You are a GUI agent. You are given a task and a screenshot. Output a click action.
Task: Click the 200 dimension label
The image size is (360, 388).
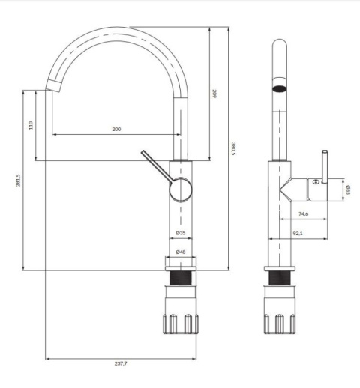tap(116, 129)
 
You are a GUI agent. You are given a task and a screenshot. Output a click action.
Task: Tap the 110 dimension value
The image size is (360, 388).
tap(31, 125)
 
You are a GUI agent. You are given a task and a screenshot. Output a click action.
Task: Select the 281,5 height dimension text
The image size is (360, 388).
tap(18, 181)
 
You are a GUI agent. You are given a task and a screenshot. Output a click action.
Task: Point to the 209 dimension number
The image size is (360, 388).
tap(214, 94)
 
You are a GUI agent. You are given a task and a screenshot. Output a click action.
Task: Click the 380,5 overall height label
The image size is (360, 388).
tap(233, 148)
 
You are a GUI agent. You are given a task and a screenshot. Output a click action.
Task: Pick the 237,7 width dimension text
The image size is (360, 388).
tap(121, 363)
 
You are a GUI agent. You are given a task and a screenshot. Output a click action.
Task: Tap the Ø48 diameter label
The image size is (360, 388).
tap(181, 252)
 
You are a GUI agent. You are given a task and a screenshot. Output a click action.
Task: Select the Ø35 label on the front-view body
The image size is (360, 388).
tap(181, 233)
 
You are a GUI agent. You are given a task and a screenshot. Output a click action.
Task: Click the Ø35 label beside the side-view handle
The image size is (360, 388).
tap(349, 190)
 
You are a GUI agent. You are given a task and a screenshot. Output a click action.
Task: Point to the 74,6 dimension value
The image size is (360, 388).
tap(304, 213)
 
